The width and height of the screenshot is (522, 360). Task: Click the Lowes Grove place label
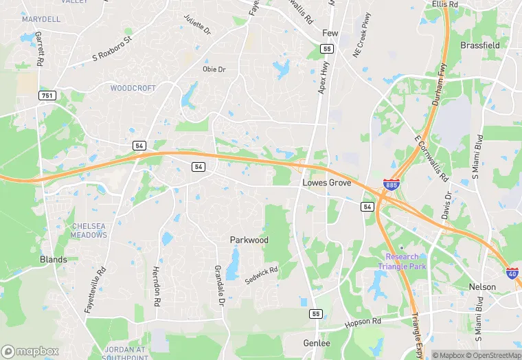[x=327, y=183]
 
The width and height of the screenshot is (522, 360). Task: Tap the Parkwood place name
[x=249, y=240]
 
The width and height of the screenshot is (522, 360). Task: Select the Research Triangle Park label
[x=401, y=261]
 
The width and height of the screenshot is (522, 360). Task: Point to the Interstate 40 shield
[x=512, y=273]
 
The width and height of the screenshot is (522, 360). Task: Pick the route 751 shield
[x=47, y=95]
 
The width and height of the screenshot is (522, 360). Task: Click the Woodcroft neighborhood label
[x=133, y=89]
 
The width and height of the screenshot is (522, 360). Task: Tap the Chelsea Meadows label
[x=89, y=230]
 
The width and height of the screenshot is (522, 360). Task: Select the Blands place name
[x=53, y=260]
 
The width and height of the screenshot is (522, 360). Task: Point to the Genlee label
[x=317, y=343]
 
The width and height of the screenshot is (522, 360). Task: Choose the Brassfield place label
[x=480, y=45]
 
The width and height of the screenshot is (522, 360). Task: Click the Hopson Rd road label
[x=363, y=321]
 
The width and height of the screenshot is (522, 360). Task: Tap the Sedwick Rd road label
[x=261, y=275]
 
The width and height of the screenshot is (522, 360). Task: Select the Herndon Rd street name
[x=157, y=286]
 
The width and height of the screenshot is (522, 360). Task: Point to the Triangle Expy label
[x=416, y=329]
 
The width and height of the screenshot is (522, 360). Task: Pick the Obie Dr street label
[x=214, y=69]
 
